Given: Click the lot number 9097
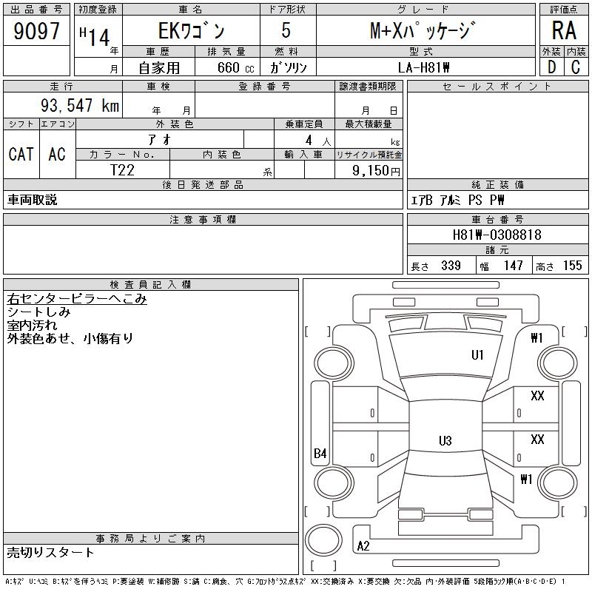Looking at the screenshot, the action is coord(37,31).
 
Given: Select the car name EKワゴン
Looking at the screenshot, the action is coord(189,31).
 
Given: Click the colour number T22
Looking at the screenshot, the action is coord(122,169).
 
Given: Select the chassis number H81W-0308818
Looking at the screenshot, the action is coord(497,235).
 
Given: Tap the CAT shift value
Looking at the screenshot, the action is coord(21,154).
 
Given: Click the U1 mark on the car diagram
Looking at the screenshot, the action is coord(477,355).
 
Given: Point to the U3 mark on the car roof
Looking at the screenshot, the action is coord(445,441).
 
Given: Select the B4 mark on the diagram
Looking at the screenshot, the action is coord(320,454).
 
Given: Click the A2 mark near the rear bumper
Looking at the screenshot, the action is coord(363,546).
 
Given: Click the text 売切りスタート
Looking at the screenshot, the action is coord(51,552).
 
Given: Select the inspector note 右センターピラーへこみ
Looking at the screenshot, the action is coord(77,299).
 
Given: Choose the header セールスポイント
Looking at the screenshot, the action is coord(497,87).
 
